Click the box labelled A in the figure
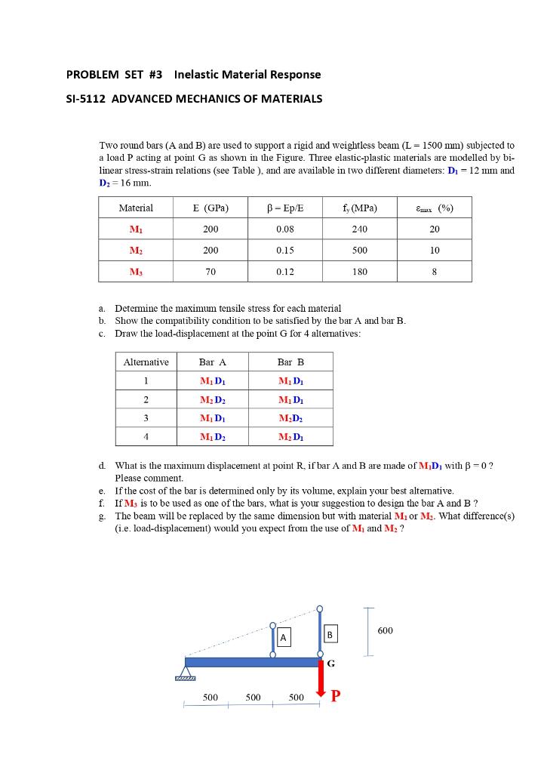pos(284,638)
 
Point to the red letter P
pos(336,695)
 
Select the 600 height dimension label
pos(385,630)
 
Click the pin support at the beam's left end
pos(185,670)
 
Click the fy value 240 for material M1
pos(360,229)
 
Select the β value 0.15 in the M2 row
pos(285,250)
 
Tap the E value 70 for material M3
pos(211,271)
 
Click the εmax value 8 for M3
pos(434,271)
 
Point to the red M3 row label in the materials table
pos(136,271)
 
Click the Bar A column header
pos(212,362)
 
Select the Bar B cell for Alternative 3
pos(290,417)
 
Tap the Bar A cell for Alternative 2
pos(212,399)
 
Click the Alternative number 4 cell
pos(146,436)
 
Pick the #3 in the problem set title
pos(157,75)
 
